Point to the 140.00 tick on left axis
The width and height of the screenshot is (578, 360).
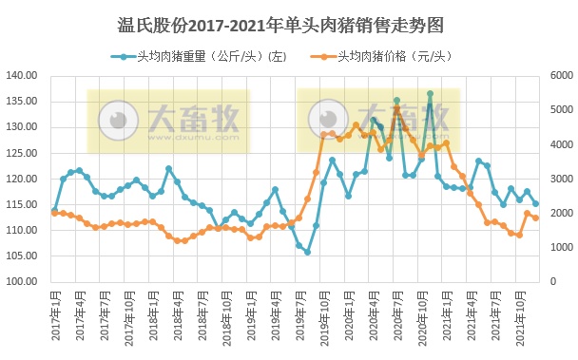click(21, 75)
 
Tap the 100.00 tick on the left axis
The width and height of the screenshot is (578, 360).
click(21, 281)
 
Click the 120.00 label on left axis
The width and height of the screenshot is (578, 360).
click(21, 179)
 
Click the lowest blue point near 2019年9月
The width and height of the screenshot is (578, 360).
click(307, 252)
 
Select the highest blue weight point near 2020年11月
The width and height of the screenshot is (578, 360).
click(430, 94)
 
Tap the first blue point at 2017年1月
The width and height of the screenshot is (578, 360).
click(54, 210)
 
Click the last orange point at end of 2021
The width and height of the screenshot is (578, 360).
click(536, 218)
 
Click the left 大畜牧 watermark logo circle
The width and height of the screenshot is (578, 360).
click(118, 121)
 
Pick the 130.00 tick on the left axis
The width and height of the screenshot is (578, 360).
click(21, 126)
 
